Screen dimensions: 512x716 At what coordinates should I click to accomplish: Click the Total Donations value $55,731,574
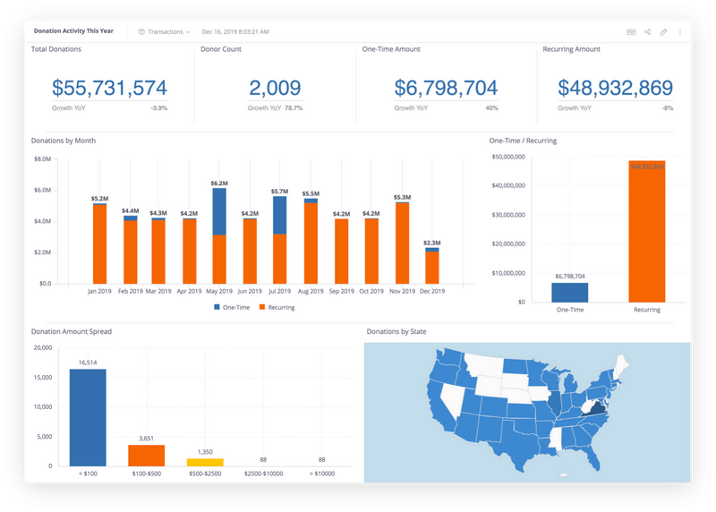pyautogui.click(x=109, y=88)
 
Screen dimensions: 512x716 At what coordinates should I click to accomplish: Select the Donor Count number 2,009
pyautogui.click(x=275, y=88)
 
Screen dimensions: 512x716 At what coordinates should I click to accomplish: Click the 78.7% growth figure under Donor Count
pyautogui.click(x=294, y=108)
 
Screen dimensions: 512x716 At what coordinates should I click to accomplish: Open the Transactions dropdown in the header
pyautogui.click(x=164, y=31)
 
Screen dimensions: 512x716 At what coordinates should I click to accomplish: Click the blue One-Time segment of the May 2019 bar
pyautogui.click(x=218, y=211)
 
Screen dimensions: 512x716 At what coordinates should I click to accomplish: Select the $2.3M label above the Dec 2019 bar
pyautogui.click(x=432, y=243)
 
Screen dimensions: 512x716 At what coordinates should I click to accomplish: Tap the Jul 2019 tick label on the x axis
pyautogui.click(x=279, y=292)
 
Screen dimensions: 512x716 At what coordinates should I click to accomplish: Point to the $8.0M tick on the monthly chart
pyautogui.click(x=42, y=159)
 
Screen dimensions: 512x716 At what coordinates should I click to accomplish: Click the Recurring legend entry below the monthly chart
pyautogui.click(x=277, y=308)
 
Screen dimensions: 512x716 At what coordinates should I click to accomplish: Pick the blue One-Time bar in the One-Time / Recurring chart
pyautogui.click(x=570, y=292)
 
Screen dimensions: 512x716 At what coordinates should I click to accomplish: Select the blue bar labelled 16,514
pyautogui.click(x=88, y=417)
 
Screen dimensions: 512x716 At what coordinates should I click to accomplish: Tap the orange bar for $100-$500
pyautogui.click(x=145, y=455)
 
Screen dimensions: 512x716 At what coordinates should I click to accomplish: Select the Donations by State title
pyautogui.click(x=396, y=332)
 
